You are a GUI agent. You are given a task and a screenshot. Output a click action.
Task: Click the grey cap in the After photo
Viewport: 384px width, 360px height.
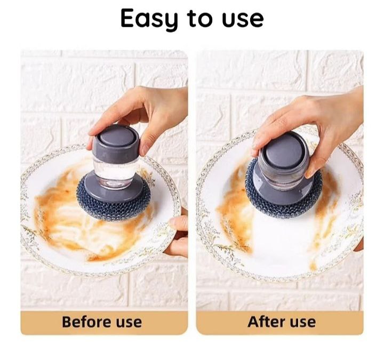(284, 150)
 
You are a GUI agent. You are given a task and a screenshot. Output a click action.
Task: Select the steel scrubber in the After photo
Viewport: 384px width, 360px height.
(283, 203)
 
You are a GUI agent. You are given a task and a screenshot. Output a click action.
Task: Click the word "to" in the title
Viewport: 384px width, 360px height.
(199, 19)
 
